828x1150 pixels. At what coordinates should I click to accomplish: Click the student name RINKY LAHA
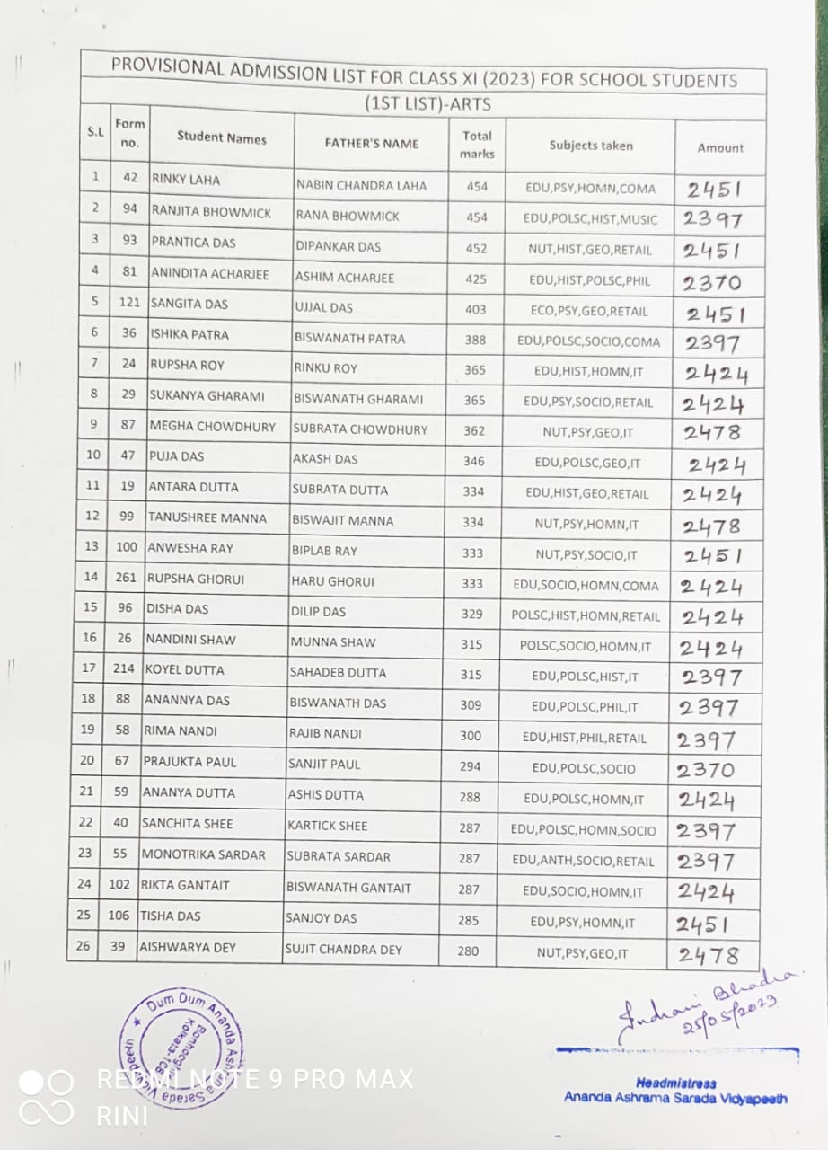tap(187, 179)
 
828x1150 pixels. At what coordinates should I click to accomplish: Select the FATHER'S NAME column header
tap(371, 143)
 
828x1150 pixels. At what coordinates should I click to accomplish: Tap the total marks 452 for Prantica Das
tap(476, 249)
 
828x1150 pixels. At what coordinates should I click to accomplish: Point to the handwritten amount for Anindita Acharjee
tap(712, 283)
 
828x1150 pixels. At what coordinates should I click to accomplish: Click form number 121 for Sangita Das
tap(129, 303)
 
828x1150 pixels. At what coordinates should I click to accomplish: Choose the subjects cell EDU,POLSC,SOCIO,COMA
tap(588, 341)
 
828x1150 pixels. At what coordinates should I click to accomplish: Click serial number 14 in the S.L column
tap(91, 577)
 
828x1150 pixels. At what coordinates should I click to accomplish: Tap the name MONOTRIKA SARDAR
tap(204, 854)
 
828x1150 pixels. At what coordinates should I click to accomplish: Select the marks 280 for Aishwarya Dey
tap(468, 950)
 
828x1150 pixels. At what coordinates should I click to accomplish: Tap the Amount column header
tap(720, 147)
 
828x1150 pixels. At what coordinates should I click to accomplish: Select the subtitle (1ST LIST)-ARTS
tap(427, 104)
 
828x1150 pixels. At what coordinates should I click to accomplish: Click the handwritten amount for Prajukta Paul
tap(706, 770)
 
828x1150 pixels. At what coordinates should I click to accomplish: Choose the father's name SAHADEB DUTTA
tap(338, 672)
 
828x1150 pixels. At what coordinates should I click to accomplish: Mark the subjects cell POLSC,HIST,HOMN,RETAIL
tap(586, 616)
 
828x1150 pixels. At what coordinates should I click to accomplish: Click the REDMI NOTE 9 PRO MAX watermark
tap(256, 1078)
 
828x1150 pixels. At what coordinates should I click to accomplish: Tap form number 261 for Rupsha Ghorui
tap(126, 578)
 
